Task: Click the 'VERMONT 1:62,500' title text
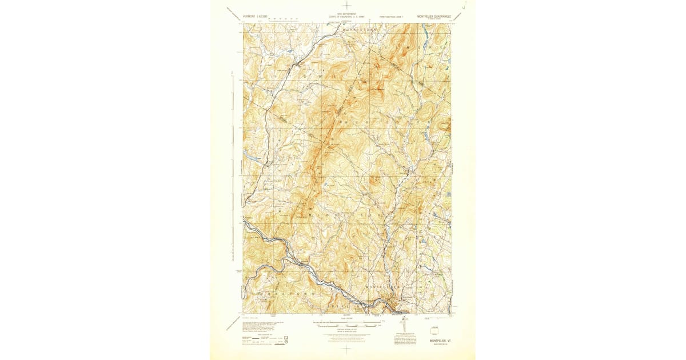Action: pyautogui.click(x=256, y=17)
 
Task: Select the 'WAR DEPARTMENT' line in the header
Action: pyautogui.click(x=346, y=14)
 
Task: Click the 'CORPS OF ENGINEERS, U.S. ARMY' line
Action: pyautogui.click(x=346, y=17)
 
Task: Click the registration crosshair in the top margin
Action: pyautogui.click(x=346, y=6)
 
